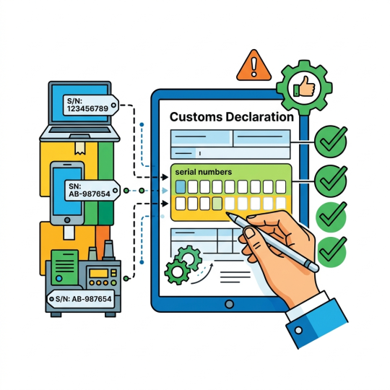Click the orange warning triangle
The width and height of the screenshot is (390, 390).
point(253,66)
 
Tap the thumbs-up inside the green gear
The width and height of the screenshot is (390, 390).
point(304,87)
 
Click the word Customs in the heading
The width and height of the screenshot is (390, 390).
point(196,117)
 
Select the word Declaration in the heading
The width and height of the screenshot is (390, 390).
point(260,117)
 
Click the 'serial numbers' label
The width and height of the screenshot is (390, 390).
point(204,172)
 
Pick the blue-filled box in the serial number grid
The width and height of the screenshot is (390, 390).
point(181,187)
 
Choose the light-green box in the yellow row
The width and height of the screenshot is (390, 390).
point(217,204)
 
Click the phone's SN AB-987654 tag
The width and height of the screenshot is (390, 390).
point(92,191)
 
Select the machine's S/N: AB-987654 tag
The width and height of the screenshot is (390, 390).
point(81,299)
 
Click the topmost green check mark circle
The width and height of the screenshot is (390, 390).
point(331,142)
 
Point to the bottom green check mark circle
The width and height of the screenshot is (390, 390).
point(331,252)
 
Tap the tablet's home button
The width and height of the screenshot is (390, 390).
point(229,304)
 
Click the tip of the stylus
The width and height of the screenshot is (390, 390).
point(227,214)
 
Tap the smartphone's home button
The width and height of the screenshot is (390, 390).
point(67,220)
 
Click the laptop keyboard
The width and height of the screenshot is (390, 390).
point(79,130)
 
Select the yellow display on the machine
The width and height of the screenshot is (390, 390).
point(99,273)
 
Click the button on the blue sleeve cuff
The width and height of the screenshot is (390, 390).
point(298,330)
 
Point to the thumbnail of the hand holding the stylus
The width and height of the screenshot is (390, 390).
point(249,233)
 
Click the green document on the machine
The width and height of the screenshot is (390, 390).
point(65,267)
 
